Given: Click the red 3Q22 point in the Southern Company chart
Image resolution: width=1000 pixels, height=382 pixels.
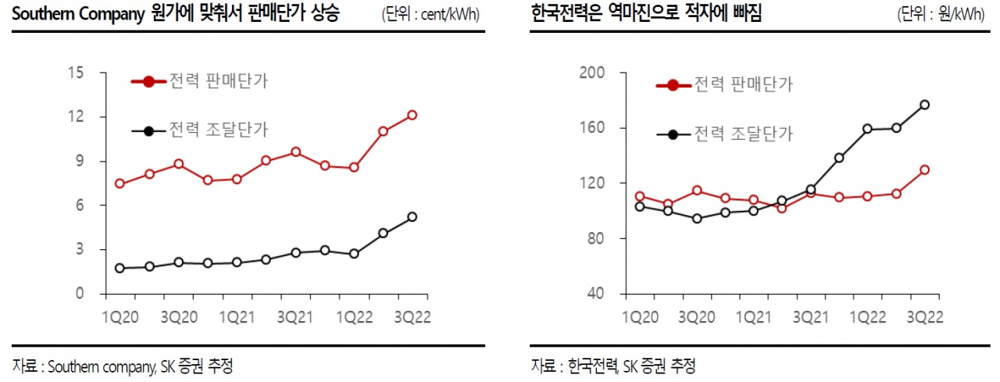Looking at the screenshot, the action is [x=412, y=115].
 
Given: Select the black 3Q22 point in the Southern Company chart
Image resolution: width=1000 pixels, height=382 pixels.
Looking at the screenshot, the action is [x=412, y=217].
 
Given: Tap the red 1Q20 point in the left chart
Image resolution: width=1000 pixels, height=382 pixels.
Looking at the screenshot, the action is [x=120, y=184].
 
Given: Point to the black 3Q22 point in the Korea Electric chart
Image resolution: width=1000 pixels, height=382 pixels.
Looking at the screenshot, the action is [x=924, y=105].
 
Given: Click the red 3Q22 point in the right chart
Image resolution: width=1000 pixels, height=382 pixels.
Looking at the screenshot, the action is [x=924, y=170].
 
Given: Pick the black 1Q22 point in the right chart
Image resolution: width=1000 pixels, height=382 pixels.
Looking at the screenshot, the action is [x=867, y=129].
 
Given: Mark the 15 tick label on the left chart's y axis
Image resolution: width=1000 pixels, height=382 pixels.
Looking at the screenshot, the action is [x=76, y=73].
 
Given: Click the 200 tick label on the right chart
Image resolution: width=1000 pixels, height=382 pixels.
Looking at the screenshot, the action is [x=592, y=73].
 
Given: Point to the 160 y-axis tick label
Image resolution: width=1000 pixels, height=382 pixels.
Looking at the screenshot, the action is [x=592, y=127].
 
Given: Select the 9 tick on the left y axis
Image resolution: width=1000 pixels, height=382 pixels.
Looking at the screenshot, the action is [x=80, y=161].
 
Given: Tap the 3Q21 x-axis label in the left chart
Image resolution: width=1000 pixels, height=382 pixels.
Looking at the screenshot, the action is [x=295, y=317].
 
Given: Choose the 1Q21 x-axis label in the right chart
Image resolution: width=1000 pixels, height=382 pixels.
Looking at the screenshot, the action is [x=754, y=317].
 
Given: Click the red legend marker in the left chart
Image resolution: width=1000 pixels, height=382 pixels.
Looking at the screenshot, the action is [x=148, y=82].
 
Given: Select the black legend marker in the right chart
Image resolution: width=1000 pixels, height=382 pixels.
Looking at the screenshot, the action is [x=673, y=134].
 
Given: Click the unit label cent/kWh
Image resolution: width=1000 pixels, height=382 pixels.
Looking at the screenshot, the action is [x=450, y=15].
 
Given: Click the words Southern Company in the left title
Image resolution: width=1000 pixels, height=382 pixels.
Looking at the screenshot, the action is [x=79, y=14].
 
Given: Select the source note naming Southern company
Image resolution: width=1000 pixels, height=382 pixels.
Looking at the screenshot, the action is [x=123, y=366].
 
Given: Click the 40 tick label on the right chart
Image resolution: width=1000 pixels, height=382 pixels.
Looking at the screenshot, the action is [x=596, y=294].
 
